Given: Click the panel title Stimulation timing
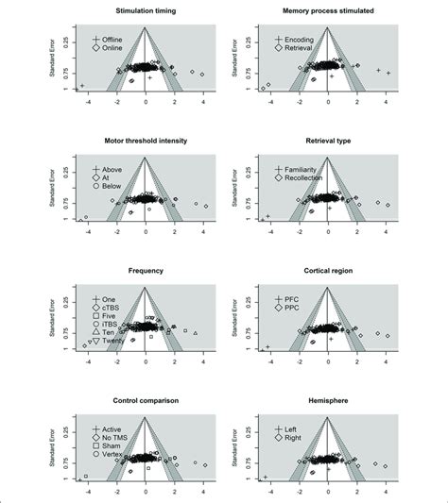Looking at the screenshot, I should click(146, 10).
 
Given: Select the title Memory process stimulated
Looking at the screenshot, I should click(328, 10).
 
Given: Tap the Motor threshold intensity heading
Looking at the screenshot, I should click(146, 141).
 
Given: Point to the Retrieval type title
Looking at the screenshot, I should click(328, 141).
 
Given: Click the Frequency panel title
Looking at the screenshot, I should click(146, 271).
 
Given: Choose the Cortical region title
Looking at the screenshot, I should click(328, 271).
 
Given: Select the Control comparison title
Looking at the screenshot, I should click(146, 401).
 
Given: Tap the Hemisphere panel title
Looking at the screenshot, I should click(328, 401).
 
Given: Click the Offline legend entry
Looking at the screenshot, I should click(115, 38).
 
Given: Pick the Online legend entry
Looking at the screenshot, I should click(114, 47).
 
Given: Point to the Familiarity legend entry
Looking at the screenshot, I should click(303, 168).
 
